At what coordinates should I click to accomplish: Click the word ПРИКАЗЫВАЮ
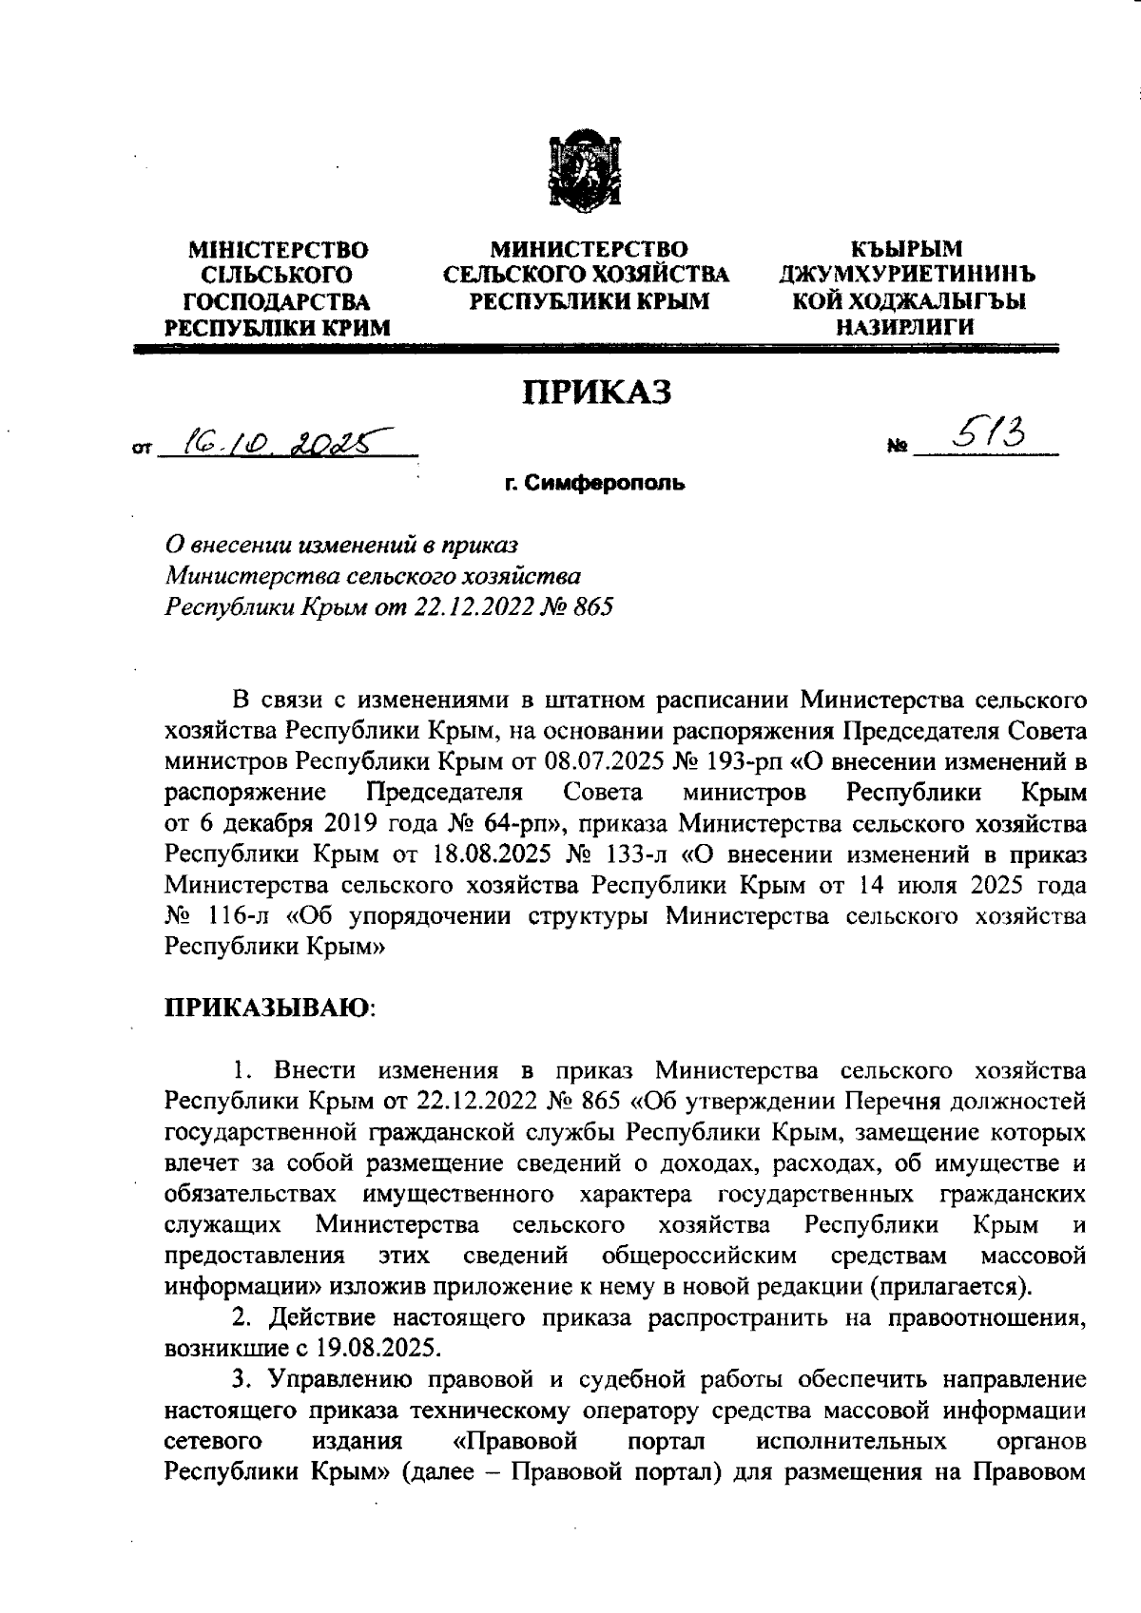click(x=269, y=1007)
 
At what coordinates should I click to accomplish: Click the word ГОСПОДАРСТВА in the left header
click(x=277, y=302)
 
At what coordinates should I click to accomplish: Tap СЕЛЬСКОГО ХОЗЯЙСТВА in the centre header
click(x=587, y=277)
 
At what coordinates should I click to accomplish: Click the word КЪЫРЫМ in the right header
click(x=906, y=250)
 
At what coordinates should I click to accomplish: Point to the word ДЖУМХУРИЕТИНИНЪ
click(x=907, y=277)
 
